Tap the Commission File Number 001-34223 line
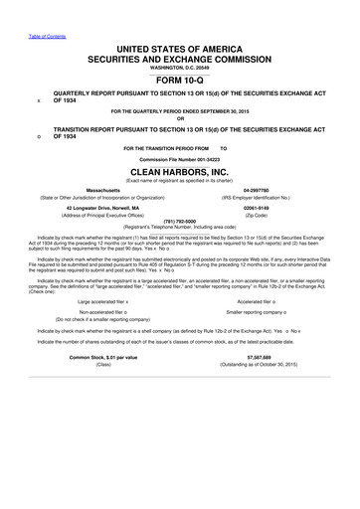[179, 159]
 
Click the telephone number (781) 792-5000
[179, 221]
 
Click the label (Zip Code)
[258, 213]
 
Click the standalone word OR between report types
[179, 122]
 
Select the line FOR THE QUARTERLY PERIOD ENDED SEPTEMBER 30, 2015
[179, 114]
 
